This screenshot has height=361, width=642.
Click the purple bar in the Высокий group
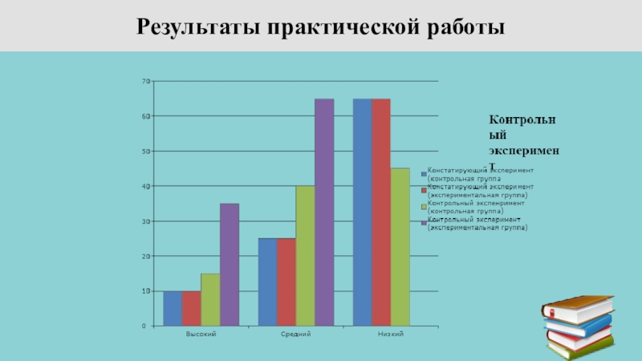pos(230,265)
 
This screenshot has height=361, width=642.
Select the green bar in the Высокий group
pos(210,299)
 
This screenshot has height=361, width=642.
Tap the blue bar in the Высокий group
pos(173,308)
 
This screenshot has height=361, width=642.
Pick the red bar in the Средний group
pos(286,282)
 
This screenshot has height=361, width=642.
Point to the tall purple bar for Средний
pos(324,213)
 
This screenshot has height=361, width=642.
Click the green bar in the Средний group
pos(305,256)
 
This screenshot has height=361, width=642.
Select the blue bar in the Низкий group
pos(362,213)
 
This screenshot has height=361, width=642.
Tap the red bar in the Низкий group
pos(381,213)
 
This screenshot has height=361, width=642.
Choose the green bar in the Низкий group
pos(400,247)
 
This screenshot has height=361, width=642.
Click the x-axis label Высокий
pos(201,333)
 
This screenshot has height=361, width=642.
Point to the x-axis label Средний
pos(295,333)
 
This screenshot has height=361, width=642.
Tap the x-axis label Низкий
pos(391,333)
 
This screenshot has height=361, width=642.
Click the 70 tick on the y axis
pos(146,81)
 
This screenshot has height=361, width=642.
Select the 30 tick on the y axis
pos(146,221)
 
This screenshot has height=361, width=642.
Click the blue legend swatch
pos(425,172)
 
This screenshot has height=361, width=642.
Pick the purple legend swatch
pos(425,222)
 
